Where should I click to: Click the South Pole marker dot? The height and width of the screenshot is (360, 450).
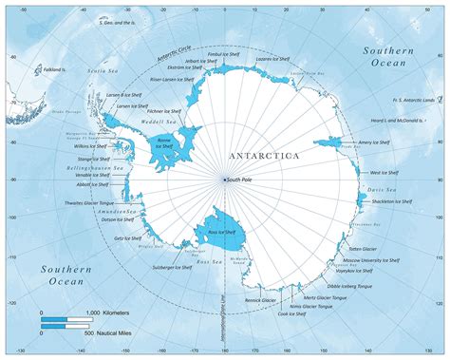[224, 179]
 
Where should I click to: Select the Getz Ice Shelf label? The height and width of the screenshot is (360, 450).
[123, 239]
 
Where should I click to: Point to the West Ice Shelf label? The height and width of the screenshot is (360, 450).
[384, 173]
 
